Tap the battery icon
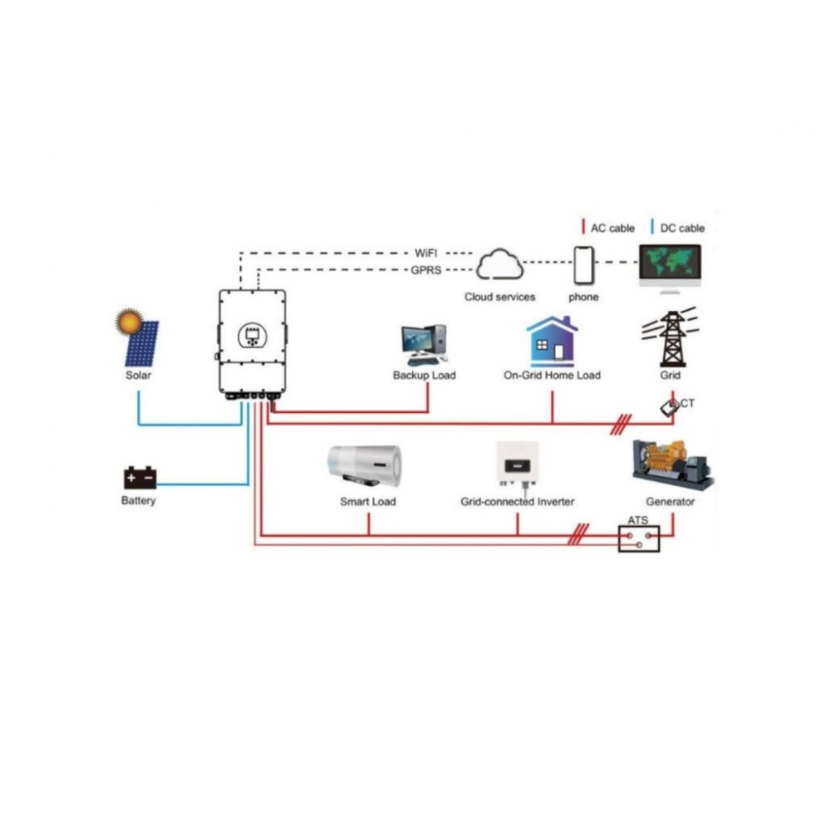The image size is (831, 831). [x=140, y=478]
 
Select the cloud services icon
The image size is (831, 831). [x=499, y=265]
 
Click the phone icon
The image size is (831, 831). [x=583, y=264]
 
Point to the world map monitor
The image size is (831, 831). [x=670, y=263]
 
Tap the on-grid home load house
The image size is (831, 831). [x=552, y=341]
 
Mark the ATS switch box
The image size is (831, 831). [x=639, y=539]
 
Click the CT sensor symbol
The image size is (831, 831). [x=670, y=407]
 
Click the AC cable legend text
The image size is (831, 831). [x=612, y=228]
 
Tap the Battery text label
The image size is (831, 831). [x=138, y=501]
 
